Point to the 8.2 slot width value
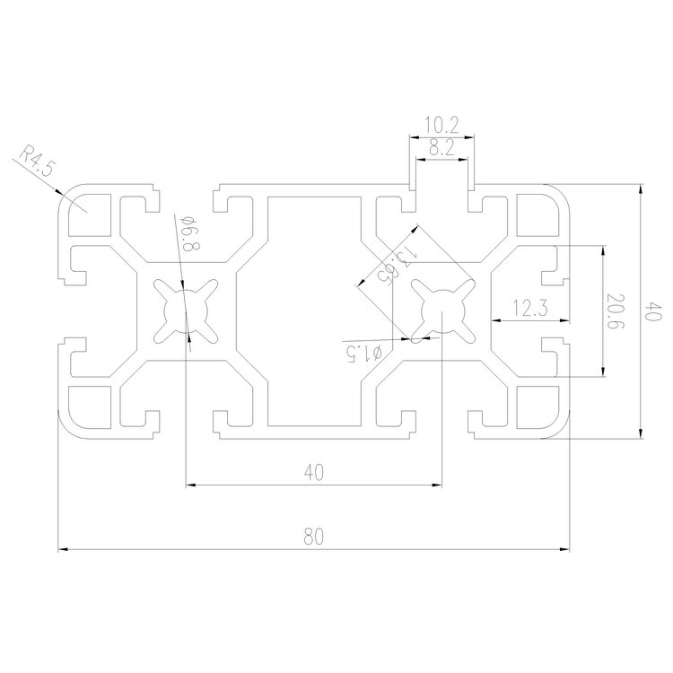point(441,150)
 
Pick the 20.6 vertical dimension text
point(614,312)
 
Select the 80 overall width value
point(313,538)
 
